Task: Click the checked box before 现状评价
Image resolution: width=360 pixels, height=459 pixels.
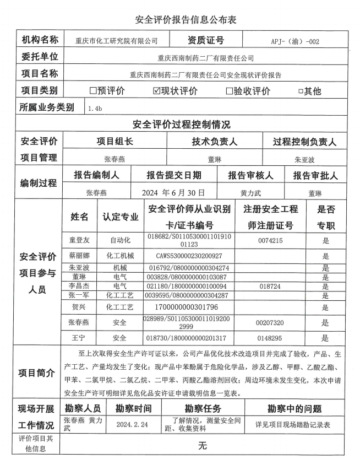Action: coord(156,91)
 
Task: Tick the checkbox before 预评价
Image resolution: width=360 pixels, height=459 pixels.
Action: coord(93,91)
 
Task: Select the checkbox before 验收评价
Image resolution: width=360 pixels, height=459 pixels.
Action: coord(230,91)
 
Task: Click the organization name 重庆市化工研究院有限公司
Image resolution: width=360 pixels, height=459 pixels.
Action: coord(117,41)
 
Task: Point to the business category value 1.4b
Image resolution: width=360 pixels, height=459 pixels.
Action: coord(95,109)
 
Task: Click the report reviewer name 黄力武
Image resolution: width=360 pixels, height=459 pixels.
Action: coord(250,193)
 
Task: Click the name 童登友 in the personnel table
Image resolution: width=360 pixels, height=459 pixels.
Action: coord(79,240)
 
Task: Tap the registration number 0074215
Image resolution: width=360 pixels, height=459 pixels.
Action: coord(270,240)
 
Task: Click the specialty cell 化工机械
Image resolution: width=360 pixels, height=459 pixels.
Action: coord(119,256)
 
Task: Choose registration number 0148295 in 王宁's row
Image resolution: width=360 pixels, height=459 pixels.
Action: coord(270,338)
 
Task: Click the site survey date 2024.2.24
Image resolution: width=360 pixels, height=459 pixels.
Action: coord(132,425)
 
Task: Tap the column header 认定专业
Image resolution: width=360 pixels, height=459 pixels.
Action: coord(120,217)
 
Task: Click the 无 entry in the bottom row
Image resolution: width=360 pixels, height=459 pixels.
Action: coord(203,445)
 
